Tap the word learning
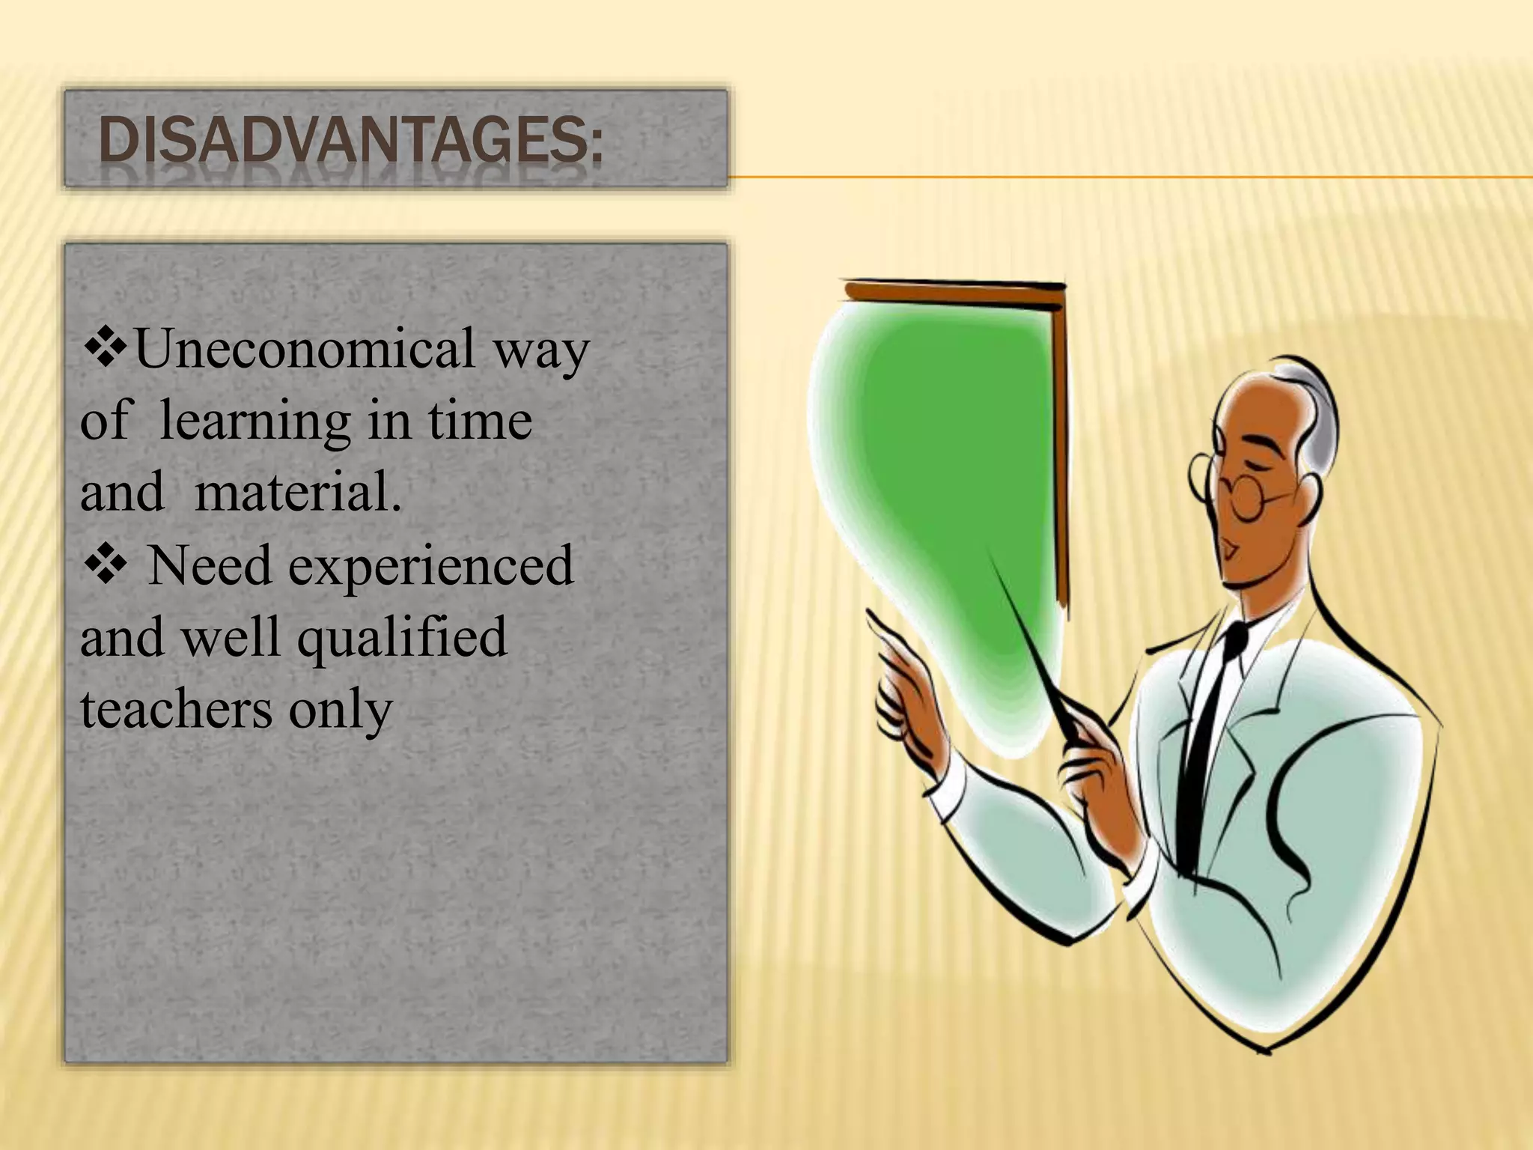tap(255, 421)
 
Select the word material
tap(298, 493)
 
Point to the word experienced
tap(431, 565)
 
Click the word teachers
tap(176, 708)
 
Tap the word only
tap(341, 710)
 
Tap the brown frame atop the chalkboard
tap(954, 293)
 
